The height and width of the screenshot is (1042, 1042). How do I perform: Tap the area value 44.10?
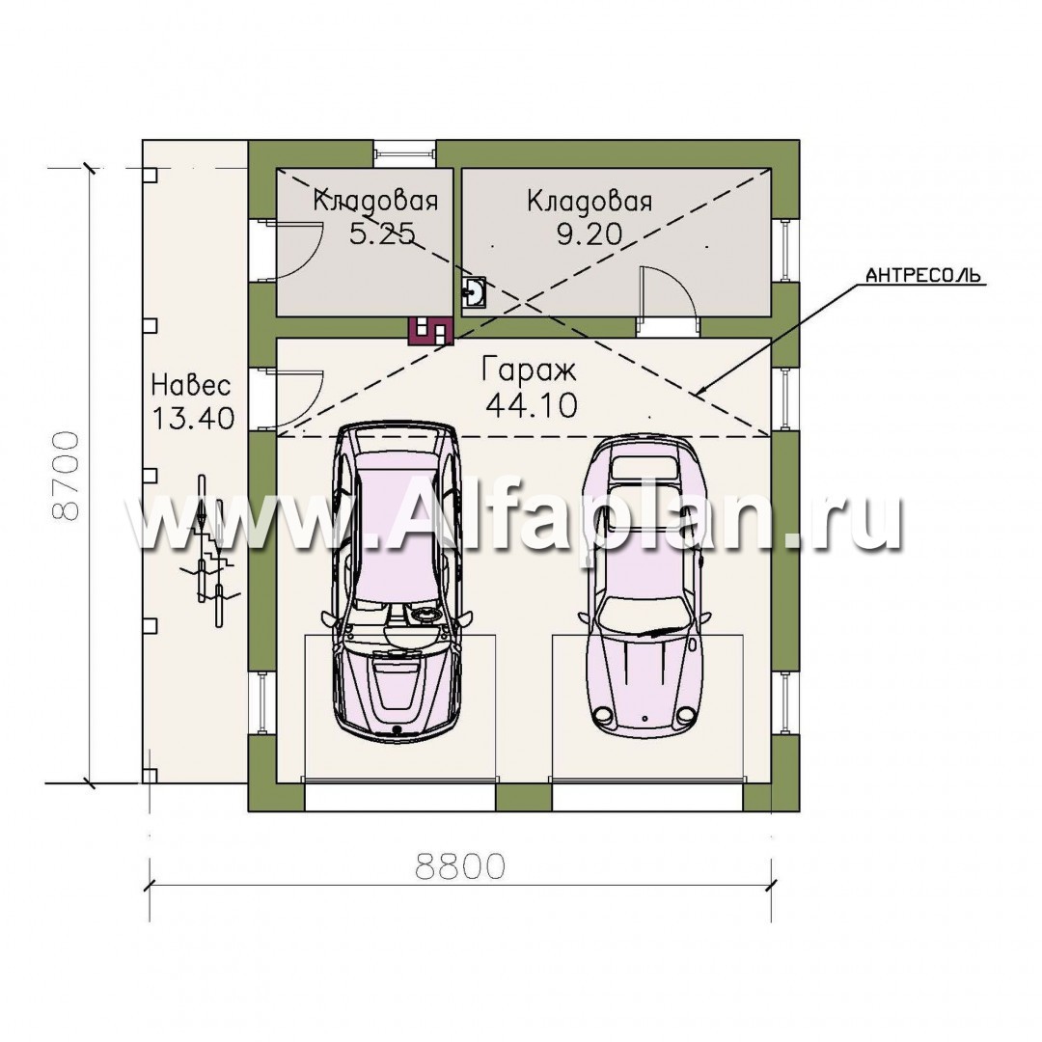(532, 404)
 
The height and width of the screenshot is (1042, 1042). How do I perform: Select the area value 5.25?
(383, 233)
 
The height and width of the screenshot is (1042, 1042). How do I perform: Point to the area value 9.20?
(590, 233)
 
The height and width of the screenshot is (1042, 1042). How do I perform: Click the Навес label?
(191, 385)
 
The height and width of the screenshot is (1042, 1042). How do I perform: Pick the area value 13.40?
(193, 418)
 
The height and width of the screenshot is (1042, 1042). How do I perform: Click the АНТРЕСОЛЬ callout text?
(923, 274)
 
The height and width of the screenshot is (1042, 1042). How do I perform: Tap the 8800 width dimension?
(460, 865)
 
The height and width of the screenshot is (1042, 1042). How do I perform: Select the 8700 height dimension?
(67, 475)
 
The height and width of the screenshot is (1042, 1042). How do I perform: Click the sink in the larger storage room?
(475, 293)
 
